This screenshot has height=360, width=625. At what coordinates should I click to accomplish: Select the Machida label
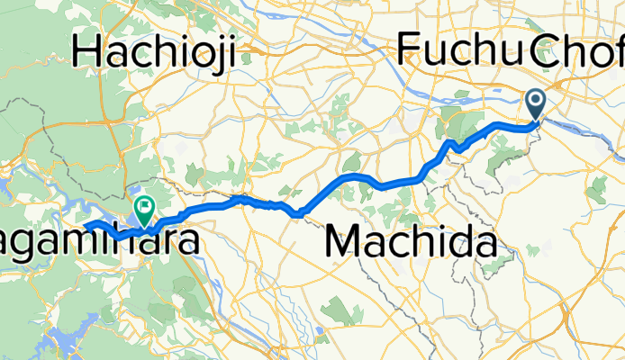click(411, 242)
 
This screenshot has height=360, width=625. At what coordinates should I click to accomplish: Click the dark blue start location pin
click(536, 105)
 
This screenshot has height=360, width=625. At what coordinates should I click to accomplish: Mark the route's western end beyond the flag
click(86, 224)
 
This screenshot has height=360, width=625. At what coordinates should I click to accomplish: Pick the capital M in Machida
click(343, 242)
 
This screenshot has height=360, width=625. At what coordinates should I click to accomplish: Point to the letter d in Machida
click(457, 242)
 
